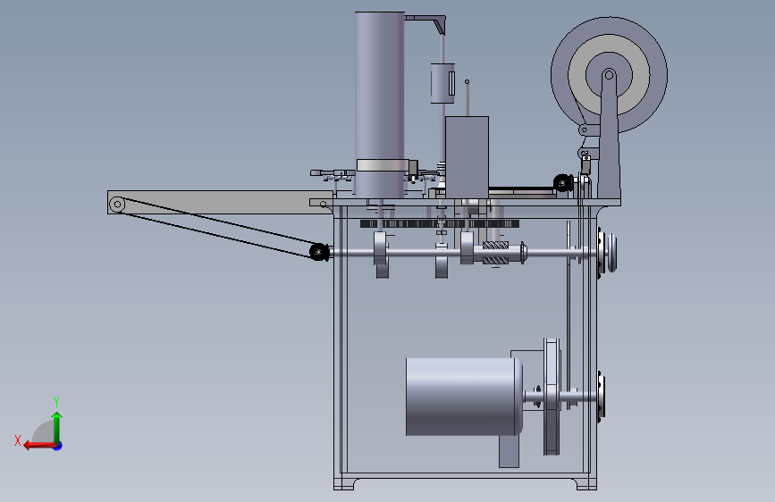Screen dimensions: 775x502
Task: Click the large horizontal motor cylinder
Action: (x=464, y=397)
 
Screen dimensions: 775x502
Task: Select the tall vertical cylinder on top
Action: (x=380, y=105)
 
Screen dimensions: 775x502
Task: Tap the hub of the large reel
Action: (x=609, y=75)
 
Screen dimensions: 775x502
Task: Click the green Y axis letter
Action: (x=56, y=401)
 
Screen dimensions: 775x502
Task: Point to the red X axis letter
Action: (x=18, y=440)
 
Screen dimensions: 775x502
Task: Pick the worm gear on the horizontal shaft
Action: (x=495, y=253)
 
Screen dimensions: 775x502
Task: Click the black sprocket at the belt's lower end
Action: (x=319, y=252)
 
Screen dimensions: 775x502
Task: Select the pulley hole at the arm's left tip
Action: (x=117, y=204)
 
